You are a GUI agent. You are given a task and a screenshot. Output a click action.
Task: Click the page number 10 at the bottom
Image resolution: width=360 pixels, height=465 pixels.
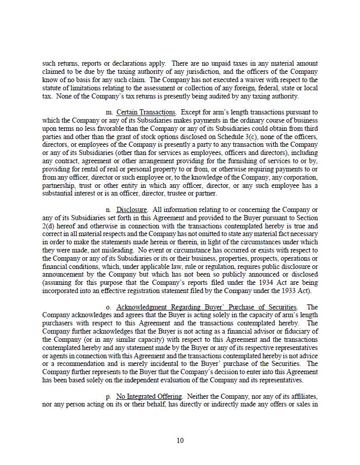pos(180,440)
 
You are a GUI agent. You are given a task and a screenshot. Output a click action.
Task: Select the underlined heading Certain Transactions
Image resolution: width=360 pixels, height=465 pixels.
pos(146,112)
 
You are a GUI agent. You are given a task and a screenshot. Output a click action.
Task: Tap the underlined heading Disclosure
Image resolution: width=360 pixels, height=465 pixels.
pos(131,210)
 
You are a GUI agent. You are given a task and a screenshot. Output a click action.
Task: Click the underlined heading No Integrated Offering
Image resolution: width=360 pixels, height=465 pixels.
pos(149,397)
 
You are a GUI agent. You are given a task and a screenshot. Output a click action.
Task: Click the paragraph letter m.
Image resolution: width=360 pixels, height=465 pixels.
pos(109,112)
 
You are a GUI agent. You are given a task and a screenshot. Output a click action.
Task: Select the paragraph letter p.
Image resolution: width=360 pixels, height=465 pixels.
pos(108,397)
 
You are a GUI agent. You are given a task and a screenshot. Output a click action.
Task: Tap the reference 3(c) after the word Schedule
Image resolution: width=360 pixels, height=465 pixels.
pos(290,137)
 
